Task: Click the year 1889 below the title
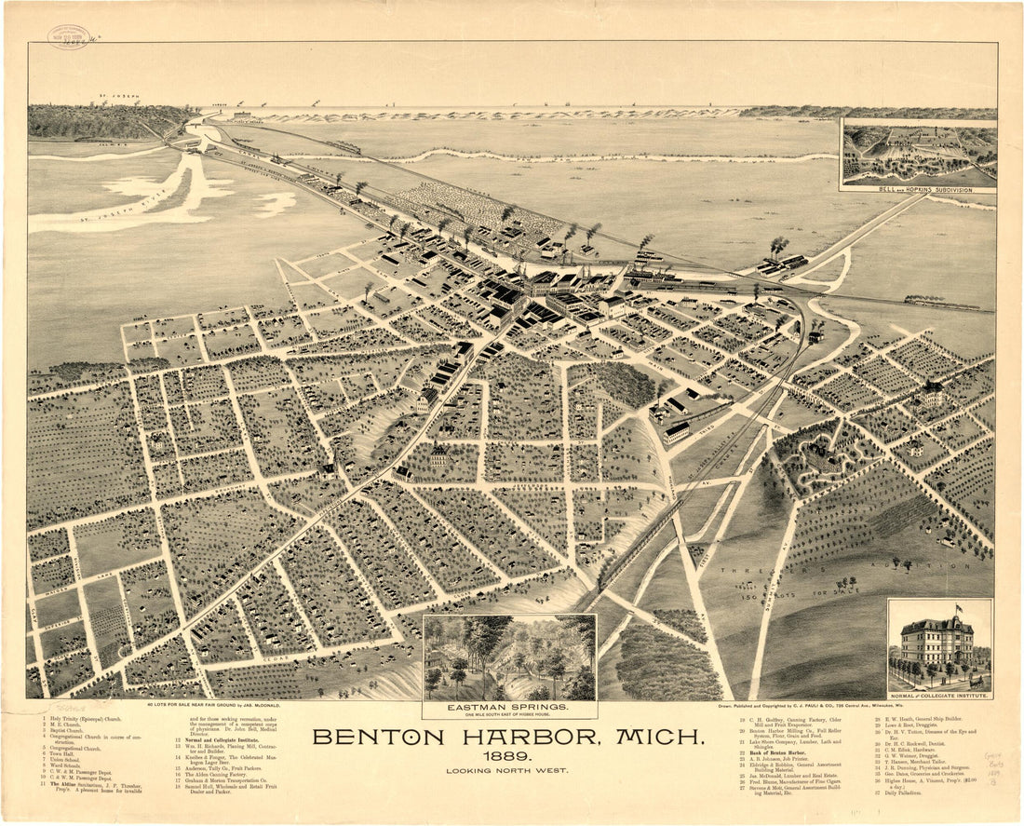(x=507, y=756)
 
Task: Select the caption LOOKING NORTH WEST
(x=507, y=771)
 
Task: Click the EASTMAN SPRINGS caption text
(x=508, y=707)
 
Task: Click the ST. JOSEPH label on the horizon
(x=119, y=96)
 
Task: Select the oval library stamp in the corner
(x=69, y=36)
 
